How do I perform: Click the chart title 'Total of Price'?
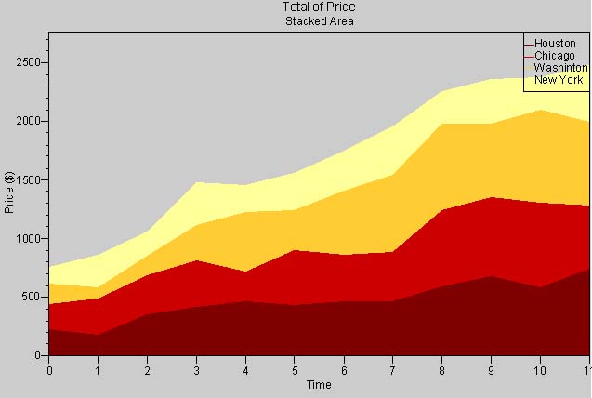[x=319, y=7]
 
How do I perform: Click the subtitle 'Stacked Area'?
[x=319, y=20]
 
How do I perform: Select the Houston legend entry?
[x=555, y=44]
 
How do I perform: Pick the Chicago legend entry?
[x=554, y=56]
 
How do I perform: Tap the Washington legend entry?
[x=559, y=68]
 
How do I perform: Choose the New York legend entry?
[x=558, y=80]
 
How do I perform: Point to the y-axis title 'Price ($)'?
[x=9, y=192]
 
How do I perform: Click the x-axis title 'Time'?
[x=319, y=385]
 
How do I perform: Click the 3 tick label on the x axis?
[x=196, y=370]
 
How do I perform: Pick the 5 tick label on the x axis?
[x=295, y=370]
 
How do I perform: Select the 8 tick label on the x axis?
[x=441, y=370]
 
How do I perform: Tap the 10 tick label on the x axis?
[x=540, y=370]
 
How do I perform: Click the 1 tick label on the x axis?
[x=99, y=370]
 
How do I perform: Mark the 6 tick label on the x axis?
[x=344, y=370]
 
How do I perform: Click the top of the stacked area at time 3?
[x=196, y=182]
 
